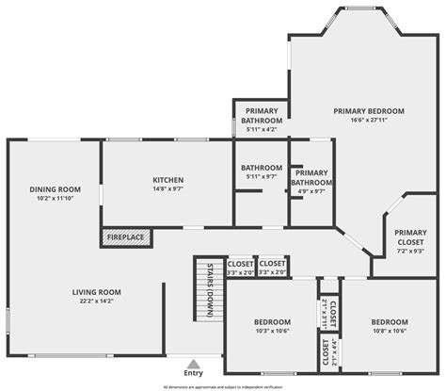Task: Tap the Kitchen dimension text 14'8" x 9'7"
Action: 167,189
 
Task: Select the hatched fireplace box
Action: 124,236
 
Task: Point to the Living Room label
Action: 97,292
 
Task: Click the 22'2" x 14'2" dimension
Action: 97,301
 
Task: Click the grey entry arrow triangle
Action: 194,363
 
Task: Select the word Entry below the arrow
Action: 194,373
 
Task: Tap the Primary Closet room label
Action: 410,236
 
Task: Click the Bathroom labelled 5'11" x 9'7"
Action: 261,171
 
